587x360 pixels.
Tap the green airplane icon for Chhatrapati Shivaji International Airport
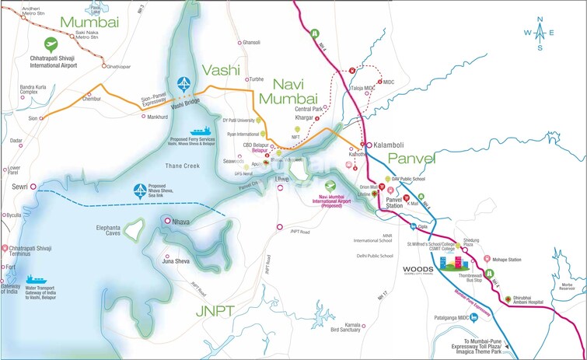(52, 44)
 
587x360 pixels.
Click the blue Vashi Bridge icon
(183, 84)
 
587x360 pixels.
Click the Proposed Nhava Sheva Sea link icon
(137, 190)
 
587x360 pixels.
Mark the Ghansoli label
(251, 42)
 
